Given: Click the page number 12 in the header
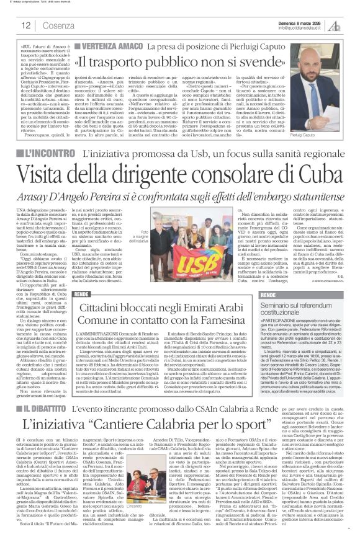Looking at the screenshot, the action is [27, 25].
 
